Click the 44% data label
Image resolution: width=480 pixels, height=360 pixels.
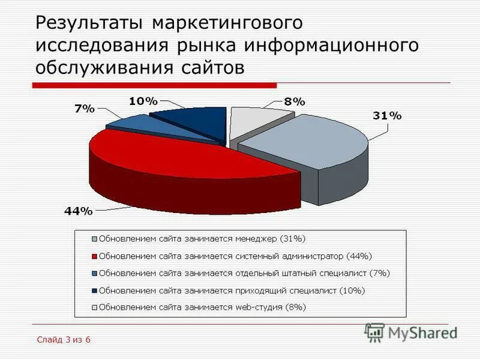point(79,211)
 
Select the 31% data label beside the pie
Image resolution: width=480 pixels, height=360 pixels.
point(387,116)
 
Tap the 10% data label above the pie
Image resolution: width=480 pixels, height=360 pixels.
point(143,101)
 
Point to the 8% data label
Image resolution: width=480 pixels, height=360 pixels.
point(295,101)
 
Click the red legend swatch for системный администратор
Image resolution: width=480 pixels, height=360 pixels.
point(94,256)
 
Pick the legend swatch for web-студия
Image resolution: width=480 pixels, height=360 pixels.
point(94,308)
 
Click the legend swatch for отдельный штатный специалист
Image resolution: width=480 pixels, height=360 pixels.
point(94,274)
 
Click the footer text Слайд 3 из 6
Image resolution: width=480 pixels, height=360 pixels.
point(63,340)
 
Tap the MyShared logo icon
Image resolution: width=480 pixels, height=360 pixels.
point(374,332)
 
